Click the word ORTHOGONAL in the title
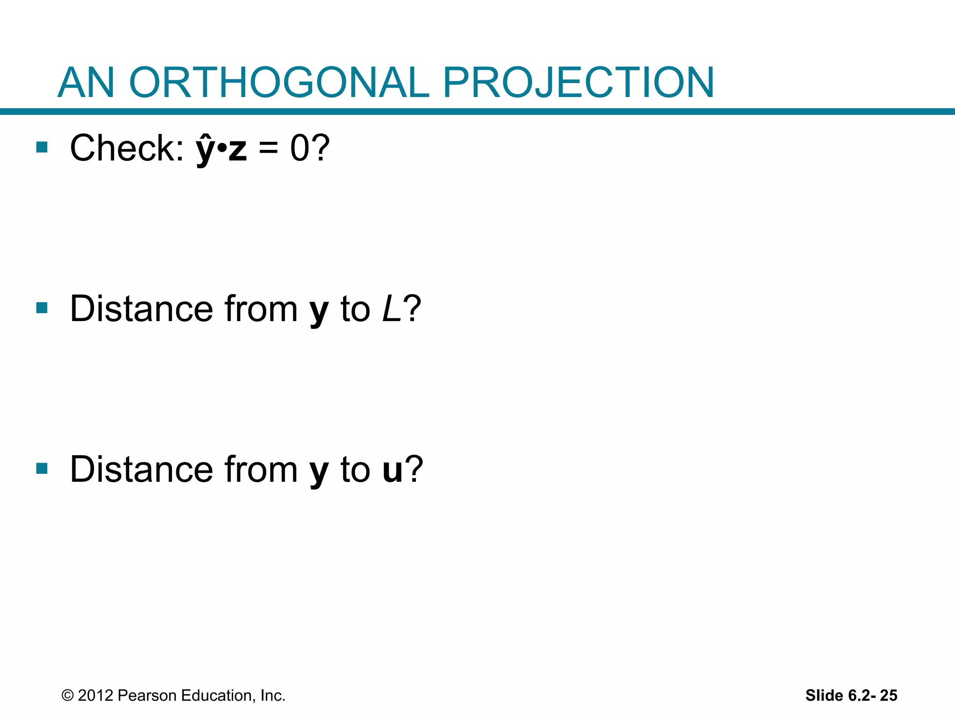point(278,83)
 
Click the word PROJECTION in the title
point(578,83)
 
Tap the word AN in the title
point(86,83)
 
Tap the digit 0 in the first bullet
point(299,148)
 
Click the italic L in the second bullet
point(391,309)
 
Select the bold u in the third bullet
point(392,470)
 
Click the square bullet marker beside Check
point(42,148)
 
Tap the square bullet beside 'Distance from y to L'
point(42,308)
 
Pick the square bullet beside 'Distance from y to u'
point(42,468)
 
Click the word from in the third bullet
point(261,470)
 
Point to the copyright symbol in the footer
point(68,696)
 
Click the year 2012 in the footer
point(96,696)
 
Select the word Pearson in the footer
point(147,696)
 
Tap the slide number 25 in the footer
point(888,696)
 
